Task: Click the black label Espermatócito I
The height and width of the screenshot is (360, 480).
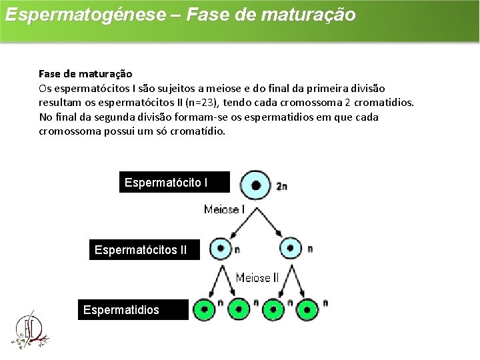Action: pyautogui.click(x=174, y=182)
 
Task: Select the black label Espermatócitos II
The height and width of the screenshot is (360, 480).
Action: pyautogui.click(x=145, y=250)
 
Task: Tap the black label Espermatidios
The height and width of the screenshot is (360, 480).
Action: pyautogui.click(x=133, y=310)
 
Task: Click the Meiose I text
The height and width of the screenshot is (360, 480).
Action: pyautogui.click(x=225, y=210)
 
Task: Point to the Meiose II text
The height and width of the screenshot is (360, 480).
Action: pyautogui.click(x=257, y=277)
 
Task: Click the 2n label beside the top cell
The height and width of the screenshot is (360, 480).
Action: pyautogui.click(x=281, y=187)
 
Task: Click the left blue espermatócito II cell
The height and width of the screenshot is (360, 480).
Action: pyautogui.click(x=220, y=249)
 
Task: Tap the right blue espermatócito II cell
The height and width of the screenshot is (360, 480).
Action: pyautogui.click(x=291, y=249)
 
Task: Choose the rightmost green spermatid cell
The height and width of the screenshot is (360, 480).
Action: pyautogui.click(x=307, y=309)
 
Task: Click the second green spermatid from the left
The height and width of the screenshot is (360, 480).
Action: pyautogui.click(x=238, y=309)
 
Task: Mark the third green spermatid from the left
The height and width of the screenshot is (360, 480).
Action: pyautogui.click(x=272, y=309)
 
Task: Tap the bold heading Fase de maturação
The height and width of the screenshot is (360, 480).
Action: pyautogui.click(x=85, y=73)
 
